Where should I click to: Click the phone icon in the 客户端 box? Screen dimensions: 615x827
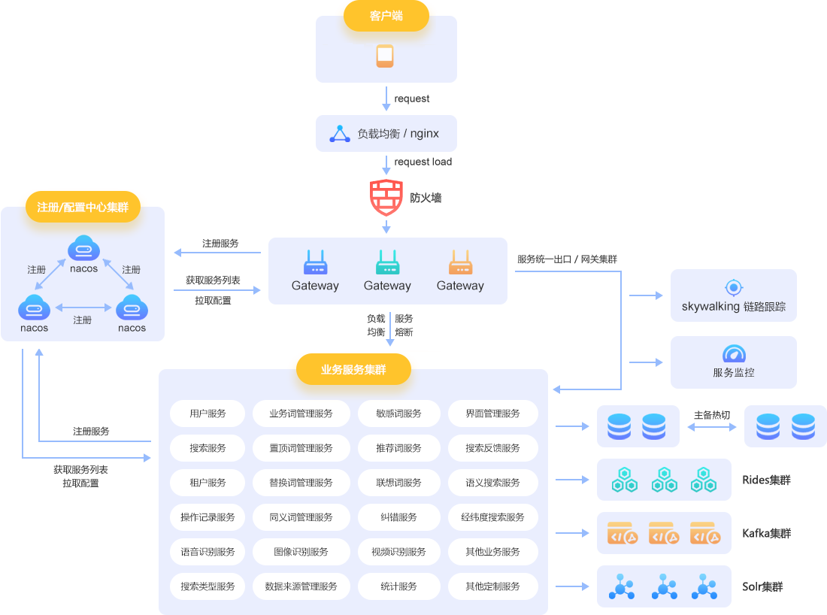(x=385, y=56)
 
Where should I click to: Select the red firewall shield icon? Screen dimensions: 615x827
(x=386, y=198)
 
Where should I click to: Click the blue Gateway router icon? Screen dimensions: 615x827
(x=315, y=263)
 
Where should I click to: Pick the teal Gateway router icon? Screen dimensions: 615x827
(x=387, y=263)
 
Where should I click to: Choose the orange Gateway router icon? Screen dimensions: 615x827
(x=460, y=263)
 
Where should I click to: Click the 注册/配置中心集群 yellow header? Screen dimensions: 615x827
(x=83, y=208)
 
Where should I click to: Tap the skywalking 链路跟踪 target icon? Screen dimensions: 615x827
(x=734, y=287)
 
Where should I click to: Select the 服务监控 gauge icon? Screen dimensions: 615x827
(x=734, y=354)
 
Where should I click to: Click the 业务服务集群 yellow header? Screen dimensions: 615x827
(x=353, y=369)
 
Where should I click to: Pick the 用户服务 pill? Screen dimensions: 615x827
(x=208, y=414)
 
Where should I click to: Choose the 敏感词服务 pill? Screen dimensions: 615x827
(x=398, y=414)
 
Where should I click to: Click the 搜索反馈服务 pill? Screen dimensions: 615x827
(x=492, y=448)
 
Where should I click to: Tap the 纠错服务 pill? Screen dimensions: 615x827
(x=398, y=517)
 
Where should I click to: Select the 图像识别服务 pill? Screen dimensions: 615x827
(x=301, y=552)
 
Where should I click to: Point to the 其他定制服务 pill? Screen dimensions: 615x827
(x=492, y=586)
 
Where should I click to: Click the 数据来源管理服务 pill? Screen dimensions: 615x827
(x=301, y=586)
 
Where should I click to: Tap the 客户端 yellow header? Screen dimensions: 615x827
(x=386, y=16)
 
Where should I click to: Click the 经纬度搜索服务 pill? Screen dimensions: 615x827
(x=492, y=517)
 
